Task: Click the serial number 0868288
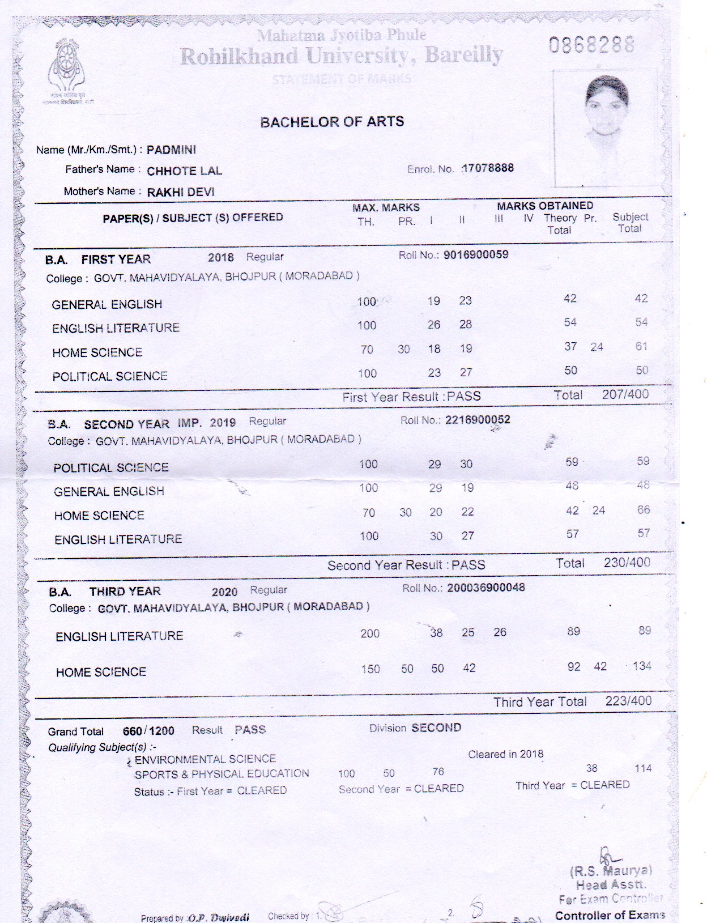591,44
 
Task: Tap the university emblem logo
67,70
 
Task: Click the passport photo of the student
604,127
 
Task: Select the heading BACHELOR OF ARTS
332,122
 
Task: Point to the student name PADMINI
171,150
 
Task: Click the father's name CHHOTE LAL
184,171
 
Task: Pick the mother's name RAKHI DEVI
181,192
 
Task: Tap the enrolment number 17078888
488,168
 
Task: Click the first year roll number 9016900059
476,254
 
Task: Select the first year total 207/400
625,394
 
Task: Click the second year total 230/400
627,563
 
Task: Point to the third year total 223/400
628,701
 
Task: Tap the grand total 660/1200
148,731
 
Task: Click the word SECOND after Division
436,728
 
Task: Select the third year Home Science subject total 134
642,666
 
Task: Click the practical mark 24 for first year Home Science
597,347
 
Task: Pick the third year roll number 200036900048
486,588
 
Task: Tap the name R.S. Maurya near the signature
611,871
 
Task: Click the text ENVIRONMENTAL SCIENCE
205,759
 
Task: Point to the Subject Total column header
630,223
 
